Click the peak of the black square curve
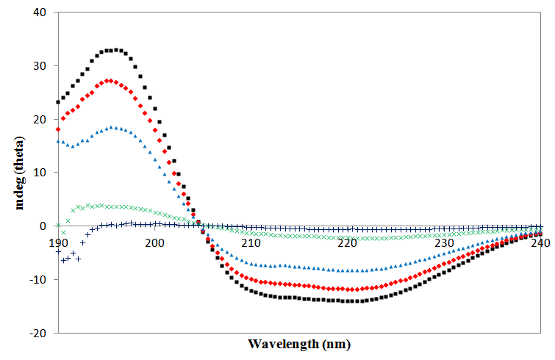click(116, 50)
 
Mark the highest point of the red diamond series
click(109, 80)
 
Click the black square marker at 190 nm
click(58, 102)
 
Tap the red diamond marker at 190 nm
click(58, 129)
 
